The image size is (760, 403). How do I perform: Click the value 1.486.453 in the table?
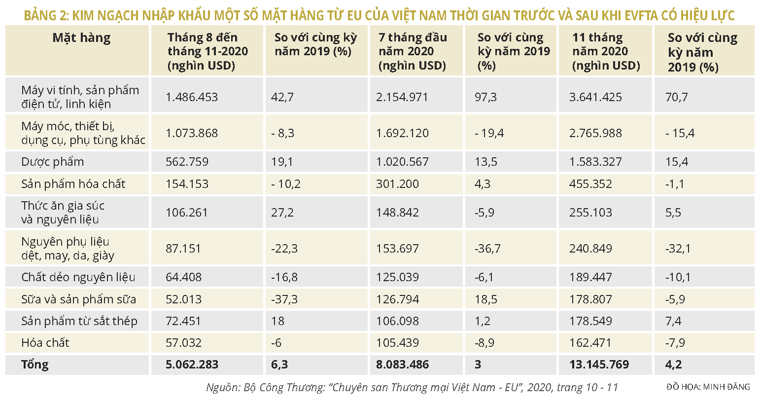192,97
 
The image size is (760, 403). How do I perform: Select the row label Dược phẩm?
52,162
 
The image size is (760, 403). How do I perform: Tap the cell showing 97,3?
485,97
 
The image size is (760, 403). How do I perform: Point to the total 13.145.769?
599,365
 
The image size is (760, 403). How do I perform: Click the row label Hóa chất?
45,343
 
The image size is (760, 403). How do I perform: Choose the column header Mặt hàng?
81,38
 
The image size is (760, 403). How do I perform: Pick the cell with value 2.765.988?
595,133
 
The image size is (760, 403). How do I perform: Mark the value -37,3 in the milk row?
284,299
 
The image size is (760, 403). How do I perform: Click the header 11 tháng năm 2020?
606,51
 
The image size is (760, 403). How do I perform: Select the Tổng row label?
35,365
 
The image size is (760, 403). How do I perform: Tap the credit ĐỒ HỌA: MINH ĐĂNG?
708,387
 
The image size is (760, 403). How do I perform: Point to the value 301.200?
397,184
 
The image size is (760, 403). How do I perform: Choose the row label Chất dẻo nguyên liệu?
78,277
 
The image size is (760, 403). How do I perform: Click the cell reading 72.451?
183,321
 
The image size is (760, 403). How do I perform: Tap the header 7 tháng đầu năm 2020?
413,51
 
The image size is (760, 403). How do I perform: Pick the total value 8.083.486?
402,365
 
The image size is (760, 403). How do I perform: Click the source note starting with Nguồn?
412,387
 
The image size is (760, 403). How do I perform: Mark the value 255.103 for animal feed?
590,213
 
